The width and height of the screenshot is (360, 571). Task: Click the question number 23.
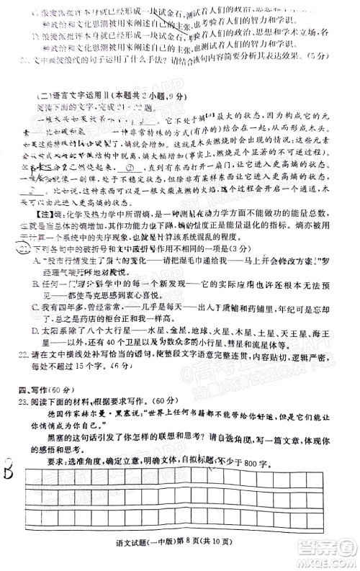tap(22, 400)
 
